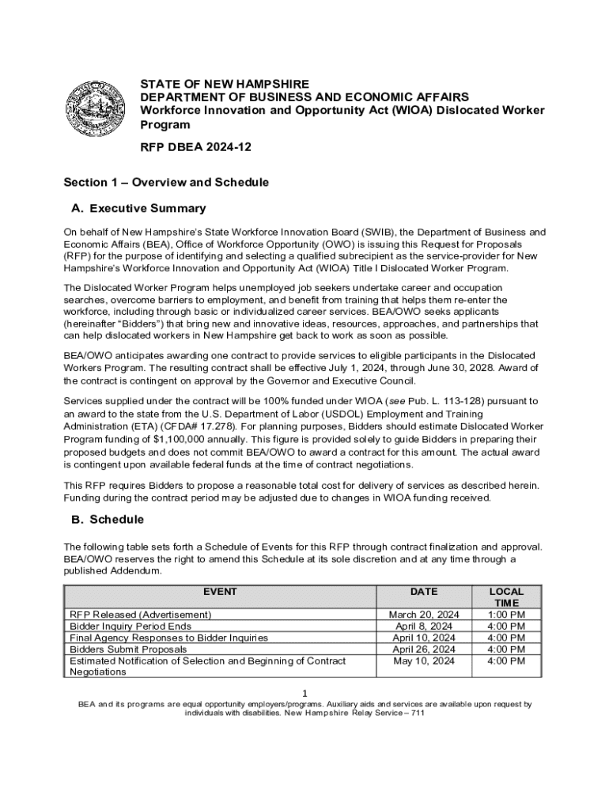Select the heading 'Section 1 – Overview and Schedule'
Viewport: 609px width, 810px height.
pos(166,183)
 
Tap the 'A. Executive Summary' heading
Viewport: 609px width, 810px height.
pos(138,209)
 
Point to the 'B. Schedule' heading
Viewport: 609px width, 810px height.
pos(107,520)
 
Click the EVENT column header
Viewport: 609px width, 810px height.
pos(220,592)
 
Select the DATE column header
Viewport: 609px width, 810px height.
pos(424,592)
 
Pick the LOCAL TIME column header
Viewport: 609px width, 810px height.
pos(506,597)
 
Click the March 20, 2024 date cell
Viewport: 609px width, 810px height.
pos(424,615)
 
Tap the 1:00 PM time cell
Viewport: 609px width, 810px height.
pos(506,615)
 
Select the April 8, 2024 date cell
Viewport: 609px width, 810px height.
pos(424,626)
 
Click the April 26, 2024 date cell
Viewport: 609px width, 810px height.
pos(424,649)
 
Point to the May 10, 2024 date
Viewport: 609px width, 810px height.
pos(424,661)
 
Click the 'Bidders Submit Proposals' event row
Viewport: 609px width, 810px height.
pos(128,649)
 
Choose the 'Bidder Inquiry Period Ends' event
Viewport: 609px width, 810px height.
pos(130,626)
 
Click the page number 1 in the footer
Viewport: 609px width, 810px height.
pos(304,693)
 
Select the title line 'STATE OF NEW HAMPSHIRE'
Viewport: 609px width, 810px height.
pos(225,84)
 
